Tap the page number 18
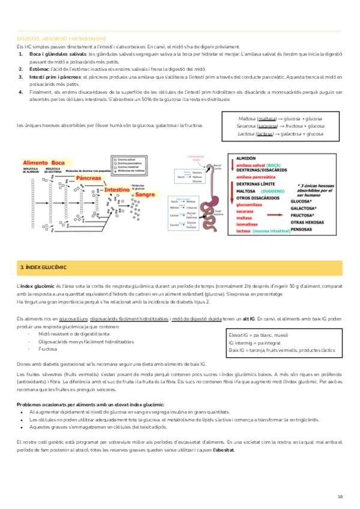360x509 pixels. (x=340, y=496)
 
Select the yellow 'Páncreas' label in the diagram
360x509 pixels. (x=88, y=178)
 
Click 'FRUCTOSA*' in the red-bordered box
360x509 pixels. (x=304, y=213)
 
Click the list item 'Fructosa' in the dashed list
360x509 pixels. (x=47, y=348)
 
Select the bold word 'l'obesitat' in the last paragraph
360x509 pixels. (x=221, y=450)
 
